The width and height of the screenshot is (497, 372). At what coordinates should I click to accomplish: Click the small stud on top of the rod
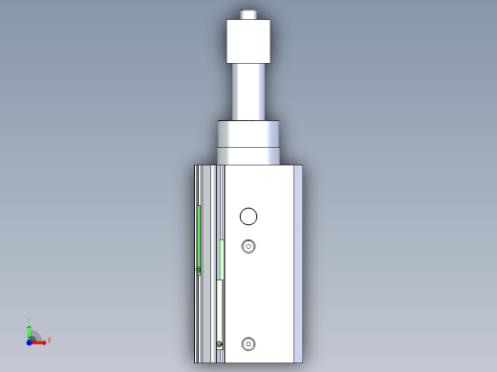coord(248,15)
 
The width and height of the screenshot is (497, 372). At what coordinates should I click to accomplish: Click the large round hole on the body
coord(248,216)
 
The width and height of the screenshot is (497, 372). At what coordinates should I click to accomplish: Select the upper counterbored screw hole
coord(248,246)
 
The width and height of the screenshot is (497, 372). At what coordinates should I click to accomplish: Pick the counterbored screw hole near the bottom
coord(248,343)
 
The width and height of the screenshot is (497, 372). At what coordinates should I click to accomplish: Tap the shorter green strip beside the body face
coord(221,259)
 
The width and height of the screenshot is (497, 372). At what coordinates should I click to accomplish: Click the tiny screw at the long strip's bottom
coord(199,271)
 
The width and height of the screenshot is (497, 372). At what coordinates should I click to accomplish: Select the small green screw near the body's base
coord(219,344)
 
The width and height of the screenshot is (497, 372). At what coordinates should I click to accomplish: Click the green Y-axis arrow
coord(30,328)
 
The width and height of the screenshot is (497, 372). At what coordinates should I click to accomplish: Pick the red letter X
coord(49,340)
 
